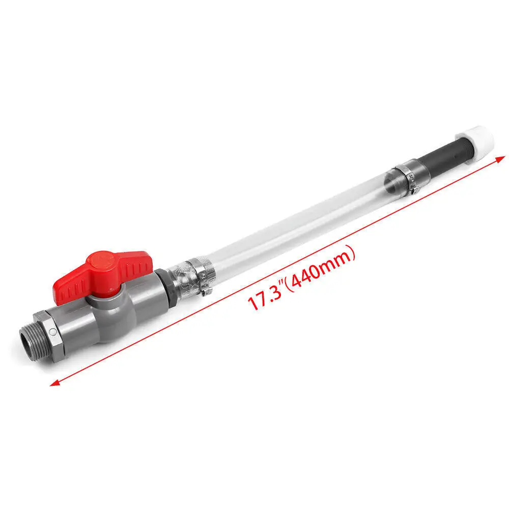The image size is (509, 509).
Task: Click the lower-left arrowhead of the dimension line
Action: (53, 383)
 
